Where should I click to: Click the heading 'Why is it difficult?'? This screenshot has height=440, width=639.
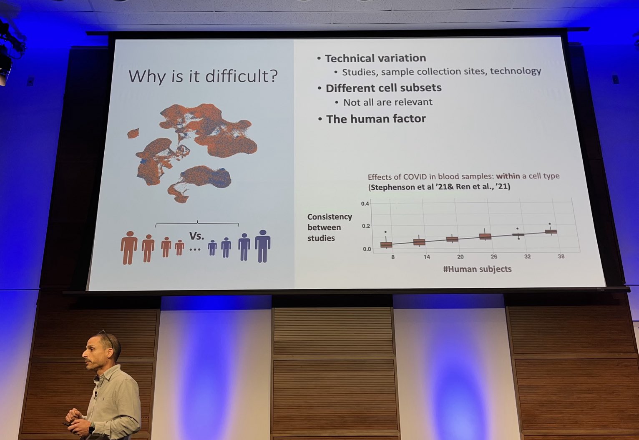[203, 76]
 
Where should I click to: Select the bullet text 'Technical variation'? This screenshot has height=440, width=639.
[375, 58]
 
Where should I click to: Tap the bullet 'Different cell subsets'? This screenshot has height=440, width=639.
[383, 88]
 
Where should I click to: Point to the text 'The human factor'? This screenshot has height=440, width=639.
[376, 119]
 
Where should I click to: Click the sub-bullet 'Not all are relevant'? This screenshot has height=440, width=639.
[387, 102]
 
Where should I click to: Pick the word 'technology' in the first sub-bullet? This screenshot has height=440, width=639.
[516, 71]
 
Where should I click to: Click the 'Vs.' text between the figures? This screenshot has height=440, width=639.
[196, 236]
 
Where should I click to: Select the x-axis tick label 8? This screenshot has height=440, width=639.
[392, 257]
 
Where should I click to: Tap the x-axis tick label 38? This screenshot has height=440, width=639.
[561, 256]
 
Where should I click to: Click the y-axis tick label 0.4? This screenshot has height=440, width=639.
[365, 204]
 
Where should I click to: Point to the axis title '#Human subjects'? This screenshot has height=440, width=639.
[477, 269]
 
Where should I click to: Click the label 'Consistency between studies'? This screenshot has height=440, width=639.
[329, 227]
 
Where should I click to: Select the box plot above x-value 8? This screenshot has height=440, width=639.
[386, 244]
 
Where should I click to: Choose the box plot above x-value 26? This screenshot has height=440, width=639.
[485, 236]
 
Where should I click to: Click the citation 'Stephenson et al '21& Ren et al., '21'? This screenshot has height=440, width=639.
[439, 187]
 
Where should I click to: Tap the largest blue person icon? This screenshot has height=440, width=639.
[262, 246]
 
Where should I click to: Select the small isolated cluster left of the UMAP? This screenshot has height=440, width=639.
[133, 134]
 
